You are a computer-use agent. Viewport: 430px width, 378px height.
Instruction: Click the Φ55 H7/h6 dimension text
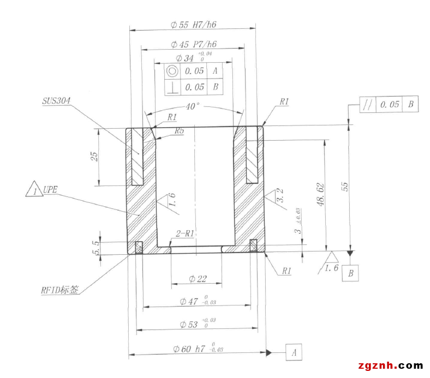[194, 25]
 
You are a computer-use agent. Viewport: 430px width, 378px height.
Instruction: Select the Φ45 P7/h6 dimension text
[193, 45]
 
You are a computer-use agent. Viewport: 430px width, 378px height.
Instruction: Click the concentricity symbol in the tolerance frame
[172, 71]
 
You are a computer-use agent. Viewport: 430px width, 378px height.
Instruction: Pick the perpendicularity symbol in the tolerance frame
[172, 87]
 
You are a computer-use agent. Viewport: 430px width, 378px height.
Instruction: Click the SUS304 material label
[56, 101]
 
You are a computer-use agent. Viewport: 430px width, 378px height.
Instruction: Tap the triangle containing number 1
[34, 190]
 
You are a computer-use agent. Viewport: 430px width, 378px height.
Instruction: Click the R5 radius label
[179, 131]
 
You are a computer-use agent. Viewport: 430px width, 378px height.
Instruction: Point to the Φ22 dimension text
[198, 279]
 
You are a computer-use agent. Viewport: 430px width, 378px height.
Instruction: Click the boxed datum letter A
[294, 352]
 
